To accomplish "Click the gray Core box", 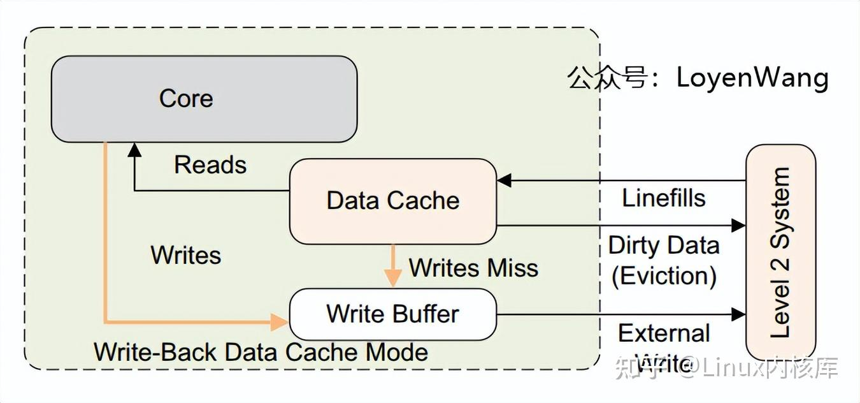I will (x=204, y=99).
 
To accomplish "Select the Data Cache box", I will (x=393, y=201).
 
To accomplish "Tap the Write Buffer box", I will (x=393, y=314).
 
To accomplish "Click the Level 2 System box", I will (x=780, y=252).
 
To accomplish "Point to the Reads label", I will (x=210, y=165).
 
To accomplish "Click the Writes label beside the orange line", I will (x=186, y=255).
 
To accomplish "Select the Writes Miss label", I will (x=473, y=268).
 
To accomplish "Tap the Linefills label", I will (x=664, y=198).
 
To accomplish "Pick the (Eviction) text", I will (x=664, y=276).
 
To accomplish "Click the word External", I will (x=664, y=333).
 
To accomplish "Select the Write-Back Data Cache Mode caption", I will (x=261, y=351).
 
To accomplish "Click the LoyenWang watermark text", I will (x=752, y=78).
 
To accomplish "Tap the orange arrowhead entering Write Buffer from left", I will (x=280, y=321).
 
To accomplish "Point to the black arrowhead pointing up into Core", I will (x=134, y=149).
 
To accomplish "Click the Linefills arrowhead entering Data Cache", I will (x=505, y=180).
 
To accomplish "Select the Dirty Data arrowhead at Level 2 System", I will (x=738, y=225).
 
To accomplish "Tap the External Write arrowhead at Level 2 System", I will (x=738, y=314).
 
